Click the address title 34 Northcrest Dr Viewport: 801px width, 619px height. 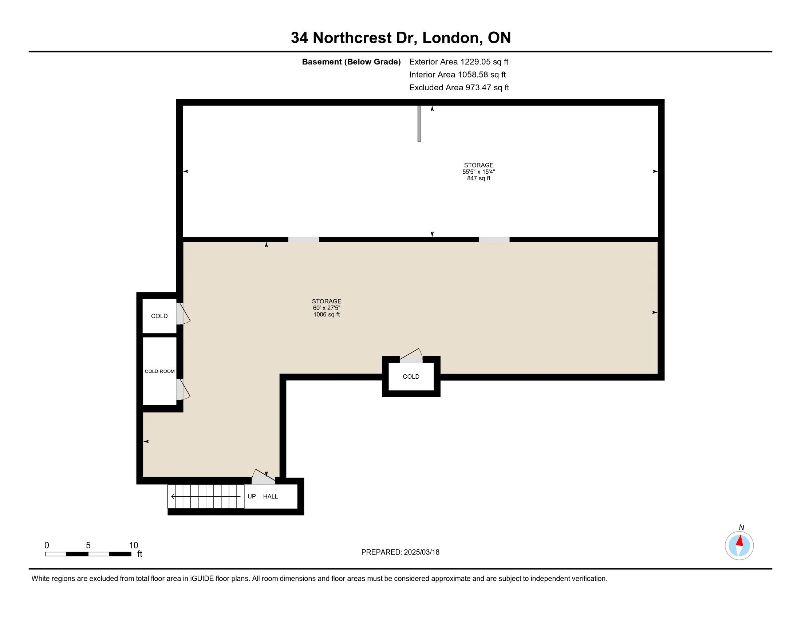click(400, 38)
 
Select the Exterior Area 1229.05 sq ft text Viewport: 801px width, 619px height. click(458, 62)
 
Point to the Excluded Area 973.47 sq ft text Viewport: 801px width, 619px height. click(459, 88)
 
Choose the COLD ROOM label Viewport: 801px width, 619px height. click(159, 371)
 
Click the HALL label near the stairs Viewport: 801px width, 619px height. click(270, 497)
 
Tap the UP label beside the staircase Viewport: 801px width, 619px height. click(252, 497)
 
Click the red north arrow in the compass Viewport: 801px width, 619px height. click(740, 541)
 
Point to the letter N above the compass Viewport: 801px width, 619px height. click(741, 527)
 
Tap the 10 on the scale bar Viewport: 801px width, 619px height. click(133, 545)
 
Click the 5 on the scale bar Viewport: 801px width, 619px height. click(88, 545)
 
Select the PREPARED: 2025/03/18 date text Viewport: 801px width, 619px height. click(400, 552)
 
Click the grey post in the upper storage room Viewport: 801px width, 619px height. click(419, 123)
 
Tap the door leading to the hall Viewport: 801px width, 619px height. click(263, 478)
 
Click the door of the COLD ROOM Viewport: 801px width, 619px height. click(182, 390)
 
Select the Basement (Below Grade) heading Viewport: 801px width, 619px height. click(351, 62)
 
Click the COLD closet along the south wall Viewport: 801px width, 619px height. click(411, 376)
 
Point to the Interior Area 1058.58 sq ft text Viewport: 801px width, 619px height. click(457, 75)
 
